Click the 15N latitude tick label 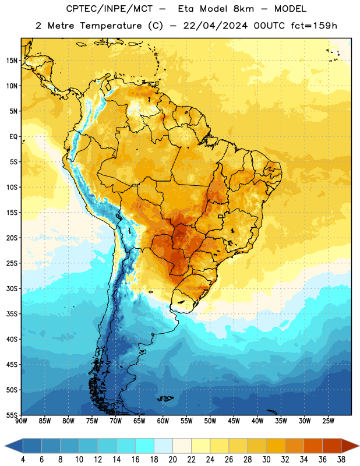(12, 61)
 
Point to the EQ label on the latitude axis (13, 137)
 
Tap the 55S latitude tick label (12, 415)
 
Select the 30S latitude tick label (12, 288)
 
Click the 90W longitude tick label (21, 421)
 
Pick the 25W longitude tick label (328, 421)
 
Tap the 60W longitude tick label (163, 421)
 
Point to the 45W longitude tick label (234, 421)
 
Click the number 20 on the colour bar (172, 460)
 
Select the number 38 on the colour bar (341, 460)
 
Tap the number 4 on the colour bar (23, 460)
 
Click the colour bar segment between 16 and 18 (145, 446)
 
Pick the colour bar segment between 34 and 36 (313, 446)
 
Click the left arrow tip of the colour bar (5, 446)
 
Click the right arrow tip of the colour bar (359, 446)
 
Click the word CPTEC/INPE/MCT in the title (110, 9)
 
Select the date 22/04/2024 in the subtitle (216, 26)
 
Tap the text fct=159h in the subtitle (314, 26)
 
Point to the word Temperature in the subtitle (111, 26)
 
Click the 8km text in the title (243, 9)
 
